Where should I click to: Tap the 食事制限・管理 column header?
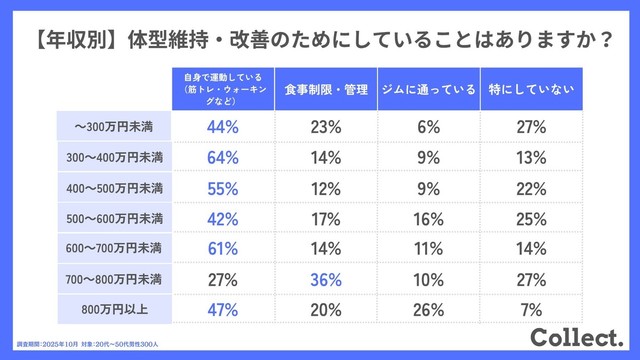[x=325, y=88]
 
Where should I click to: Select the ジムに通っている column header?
[x=429, y=88]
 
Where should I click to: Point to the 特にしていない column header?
[x=531, y=88]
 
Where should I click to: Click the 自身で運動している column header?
[x=222, y=88]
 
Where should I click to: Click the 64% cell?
[x=222, y=157]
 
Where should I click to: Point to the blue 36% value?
[x=325, y=279]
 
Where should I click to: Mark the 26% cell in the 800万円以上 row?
[x=429, y=310]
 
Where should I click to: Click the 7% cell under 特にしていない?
[x=531, y=310]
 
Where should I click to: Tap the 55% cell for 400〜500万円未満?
[x=222, y=187]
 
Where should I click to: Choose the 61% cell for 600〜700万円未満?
[x=222, y=248]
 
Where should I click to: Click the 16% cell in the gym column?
[x=429, y=218]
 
